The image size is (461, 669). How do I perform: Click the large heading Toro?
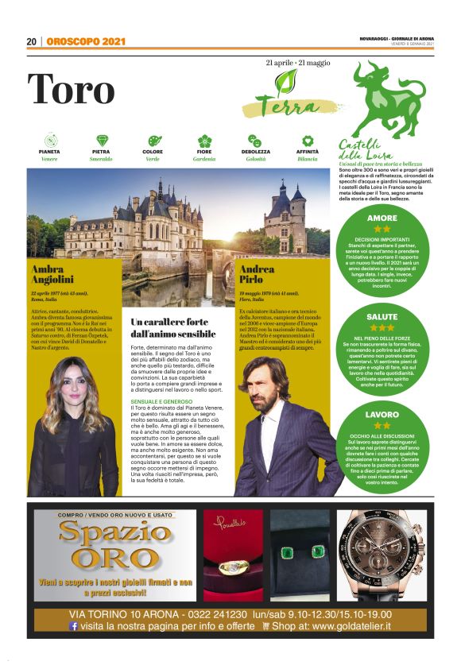click(71, 90)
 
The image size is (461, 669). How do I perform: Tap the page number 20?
click(31, 42)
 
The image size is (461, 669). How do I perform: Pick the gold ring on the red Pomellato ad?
click(233, 567)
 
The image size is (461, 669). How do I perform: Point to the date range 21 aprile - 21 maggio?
click(298, 61)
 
